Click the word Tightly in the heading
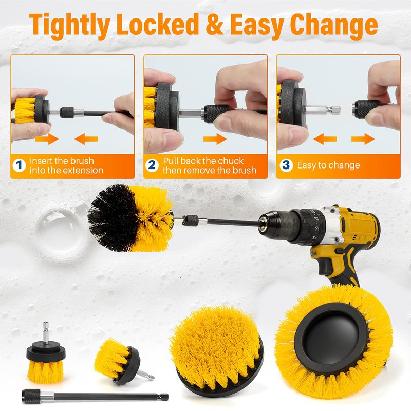coord(69,25)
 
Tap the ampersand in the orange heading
coord(214,24)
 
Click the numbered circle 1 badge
coord(19,165)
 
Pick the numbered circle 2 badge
coord(152,165)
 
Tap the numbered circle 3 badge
coord(286,165)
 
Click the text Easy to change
coord(328,165)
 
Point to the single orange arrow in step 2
coord(215,139)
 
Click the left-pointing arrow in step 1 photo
coord(86,139)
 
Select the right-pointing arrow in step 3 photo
coord(363,139)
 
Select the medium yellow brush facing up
coord(216,350)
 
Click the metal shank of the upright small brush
coord(46,332)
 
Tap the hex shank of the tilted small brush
coord(145,375)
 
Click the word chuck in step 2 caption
coord(231,161)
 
